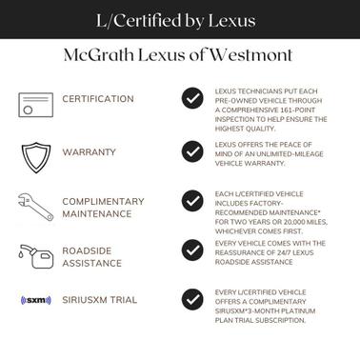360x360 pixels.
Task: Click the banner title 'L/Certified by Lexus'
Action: tap(180, 19)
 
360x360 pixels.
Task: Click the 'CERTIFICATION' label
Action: tap(98, 99)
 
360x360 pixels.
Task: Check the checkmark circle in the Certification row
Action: tap(193, 99)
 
